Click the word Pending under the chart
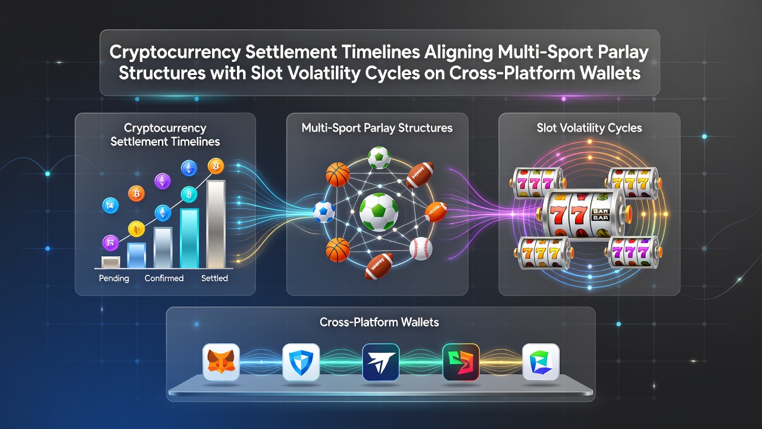coord(114,278)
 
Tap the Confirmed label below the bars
coord(164,278)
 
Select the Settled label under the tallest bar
coord(214,278)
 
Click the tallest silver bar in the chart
coord(216,224)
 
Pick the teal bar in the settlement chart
coord(189,238)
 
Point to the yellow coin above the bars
coord(136,229)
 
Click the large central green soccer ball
coord(379,212)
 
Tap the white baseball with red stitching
coord(421,248)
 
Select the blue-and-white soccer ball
coord(323,212)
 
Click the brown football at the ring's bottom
coord(379,266)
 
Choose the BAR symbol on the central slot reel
coord(601,214)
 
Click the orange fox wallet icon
coord(221,362)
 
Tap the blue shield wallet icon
coord(301,362)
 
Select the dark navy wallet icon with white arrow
coord(380,362)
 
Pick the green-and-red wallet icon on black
coord(461,362)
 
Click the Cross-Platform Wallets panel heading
coord(379,322)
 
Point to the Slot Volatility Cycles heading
coord(589,128)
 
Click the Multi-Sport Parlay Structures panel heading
coord(377,128)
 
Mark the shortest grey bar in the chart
coord(111,262)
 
